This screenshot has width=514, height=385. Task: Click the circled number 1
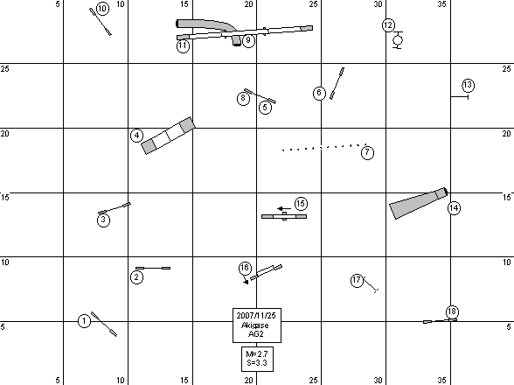tap(84, 320)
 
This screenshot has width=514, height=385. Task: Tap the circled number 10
tap(102, 9)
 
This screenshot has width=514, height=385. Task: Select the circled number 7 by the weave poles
tap(367, 152)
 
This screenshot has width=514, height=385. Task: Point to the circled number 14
tap(454, 208)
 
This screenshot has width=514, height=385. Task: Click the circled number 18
tap(452, 311)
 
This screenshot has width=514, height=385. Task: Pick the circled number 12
tap(388, 25)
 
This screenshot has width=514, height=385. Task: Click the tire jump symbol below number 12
tap(398, 40)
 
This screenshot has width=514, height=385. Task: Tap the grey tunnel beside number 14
tap(418, 203)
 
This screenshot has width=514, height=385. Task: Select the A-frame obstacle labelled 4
tap(168, 136)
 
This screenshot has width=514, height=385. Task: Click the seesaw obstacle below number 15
tap(284, 216)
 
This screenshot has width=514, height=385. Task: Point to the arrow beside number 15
tap(284, 208)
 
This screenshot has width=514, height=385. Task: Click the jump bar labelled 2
tap(153, 268)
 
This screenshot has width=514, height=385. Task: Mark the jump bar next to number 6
tap(337, 83)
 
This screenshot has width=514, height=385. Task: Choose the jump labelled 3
tap(114, 208)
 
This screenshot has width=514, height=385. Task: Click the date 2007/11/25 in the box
tap(256, 316)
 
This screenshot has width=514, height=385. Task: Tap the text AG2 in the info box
tap(256, 334)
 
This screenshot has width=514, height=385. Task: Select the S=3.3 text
tap(257, 363)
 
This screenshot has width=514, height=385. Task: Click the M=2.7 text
tap(257, 354)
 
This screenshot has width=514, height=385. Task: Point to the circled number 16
tap(245, 268)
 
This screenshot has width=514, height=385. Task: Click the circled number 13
tap(469, 86)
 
